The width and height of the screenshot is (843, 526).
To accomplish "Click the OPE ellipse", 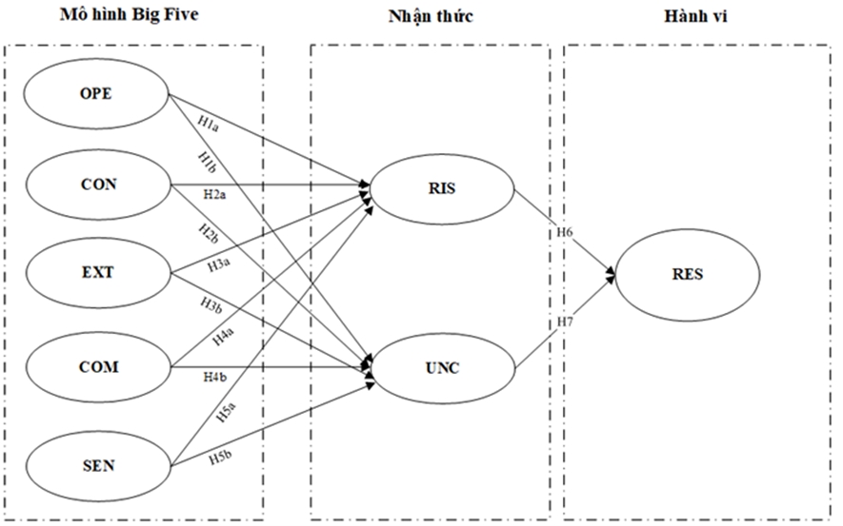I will (x=96, y=94).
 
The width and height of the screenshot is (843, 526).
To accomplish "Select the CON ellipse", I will (x=96, y=184).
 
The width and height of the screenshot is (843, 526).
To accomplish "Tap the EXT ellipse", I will (x=96, y=273).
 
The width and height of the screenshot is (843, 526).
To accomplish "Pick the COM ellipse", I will (x=96, y=366).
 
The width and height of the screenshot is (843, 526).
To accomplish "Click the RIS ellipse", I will (x=443, y=187).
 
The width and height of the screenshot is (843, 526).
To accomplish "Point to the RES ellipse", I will (x=687, y=275).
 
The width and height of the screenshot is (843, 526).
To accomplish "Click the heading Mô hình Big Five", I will (x=131, y=16).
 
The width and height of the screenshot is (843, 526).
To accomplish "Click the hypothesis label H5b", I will (x=220, y=458).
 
